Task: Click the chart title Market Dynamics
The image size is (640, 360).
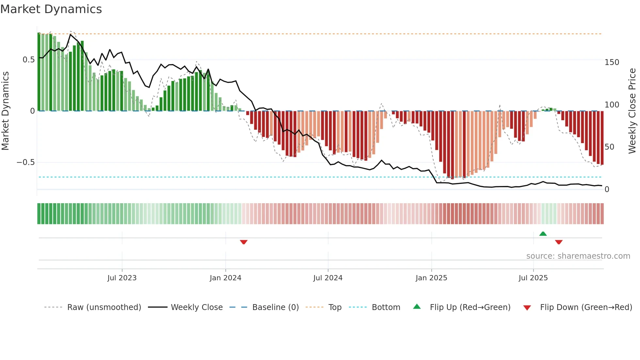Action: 51,9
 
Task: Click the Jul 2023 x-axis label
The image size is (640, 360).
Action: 122,278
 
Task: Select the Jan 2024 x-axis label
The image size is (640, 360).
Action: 225,278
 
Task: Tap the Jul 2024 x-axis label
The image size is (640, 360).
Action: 328,278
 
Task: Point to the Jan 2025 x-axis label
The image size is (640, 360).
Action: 431,278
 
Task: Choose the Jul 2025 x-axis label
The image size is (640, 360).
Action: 533,278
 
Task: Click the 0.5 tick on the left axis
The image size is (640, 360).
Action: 28,60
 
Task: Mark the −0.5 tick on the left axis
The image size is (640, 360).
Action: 26,162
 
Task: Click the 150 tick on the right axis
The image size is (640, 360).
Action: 612,62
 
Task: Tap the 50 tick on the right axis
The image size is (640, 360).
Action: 609,147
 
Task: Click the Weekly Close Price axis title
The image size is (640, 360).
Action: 632,111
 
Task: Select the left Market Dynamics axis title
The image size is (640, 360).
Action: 5,111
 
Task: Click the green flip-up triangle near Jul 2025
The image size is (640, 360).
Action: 543,234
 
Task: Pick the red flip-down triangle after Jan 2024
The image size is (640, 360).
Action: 244,242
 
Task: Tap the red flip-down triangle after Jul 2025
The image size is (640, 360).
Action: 559,242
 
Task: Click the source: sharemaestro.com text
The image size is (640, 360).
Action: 578,256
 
